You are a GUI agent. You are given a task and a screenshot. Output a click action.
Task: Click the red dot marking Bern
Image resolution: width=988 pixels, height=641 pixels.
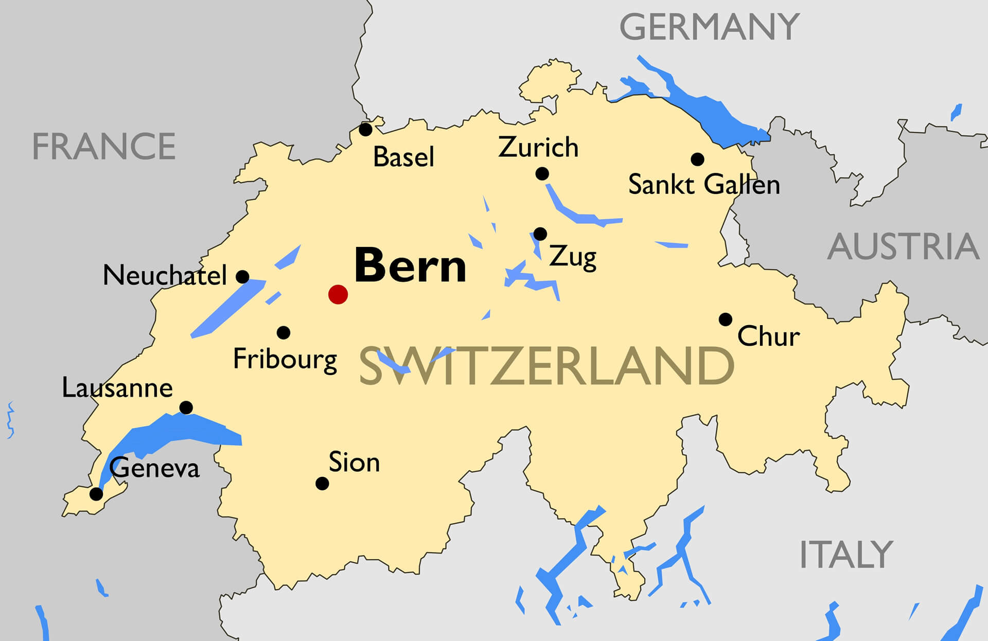338,294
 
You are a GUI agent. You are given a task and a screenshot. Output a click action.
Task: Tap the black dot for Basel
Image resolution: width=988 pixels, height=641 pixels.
365,130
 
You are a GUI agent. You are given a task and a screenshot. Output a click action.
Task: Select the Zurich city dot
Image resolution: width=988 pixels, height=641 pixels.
542,174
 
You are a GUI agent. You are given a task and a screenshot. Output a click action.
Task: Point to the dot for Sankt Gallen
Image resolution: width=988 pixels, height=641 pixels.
697,159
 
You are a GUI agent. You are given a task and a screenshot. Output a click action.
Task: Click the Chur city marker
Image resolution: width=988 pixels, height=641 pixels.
726,319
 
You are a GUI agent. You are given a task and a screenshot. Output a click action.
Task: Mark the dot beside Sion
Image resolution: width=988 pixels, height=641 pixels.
322,484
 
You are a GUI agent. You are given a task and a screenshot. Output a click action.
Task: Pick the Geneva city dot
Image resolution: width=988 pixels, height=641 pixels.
96,494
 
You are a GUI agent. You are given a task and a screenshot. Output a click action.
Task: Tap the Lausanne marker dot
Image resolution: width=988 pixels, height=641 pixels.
186,408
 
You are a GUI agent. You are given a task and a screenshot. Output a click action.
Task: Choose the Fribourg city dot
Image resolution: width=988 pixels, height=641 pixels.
284,333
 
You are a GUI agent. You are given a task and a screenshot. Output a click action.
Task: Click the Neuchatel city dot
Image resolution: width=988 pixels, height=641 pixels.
242,277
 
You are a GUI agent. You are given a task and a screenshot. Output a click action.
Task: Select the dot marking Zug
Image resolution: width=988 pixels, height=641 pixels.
540,234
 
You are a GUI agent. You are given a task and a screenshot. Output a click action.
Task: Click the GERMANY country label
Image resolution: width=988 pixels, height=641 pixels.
709,27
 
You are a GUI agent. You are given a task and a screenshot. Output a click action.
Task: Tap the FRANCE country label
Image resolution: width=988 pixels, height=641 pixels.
104,147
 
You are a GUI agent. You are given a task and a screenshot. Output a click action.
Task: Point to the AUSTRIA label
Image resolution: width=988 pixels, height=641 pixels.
903,247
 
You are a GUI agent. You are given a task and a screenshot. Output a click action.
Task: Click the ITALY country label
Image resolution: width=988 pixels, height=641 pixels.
846,555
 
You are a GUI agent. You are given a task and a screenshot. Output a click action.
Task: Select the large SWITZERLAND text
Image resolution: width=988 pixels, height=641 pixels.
545,366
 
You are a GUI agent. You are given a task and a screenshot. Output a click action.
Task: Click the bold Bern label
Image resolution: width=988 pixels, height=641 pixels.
410,266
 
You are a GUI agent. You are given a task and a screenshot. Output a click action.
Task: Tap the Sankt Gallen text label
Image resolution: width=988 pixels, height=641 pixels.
704,185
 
